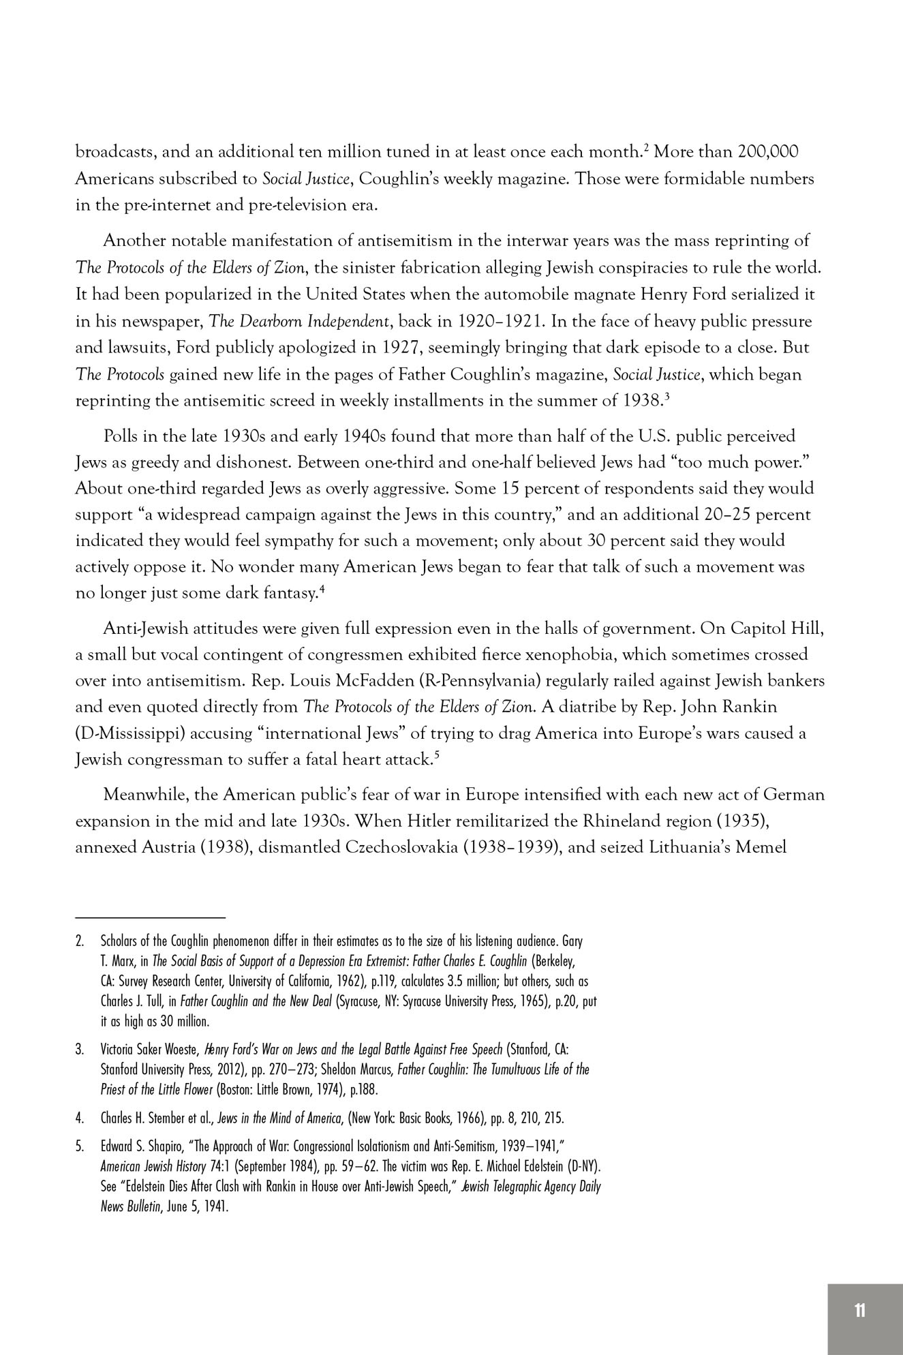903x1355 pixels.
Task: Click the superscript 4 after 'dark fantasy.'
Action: pyautogui.click(x=321, y=588)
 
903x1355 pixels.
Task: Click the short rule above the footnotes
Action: pyautogui.click(x=150, y=918)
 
